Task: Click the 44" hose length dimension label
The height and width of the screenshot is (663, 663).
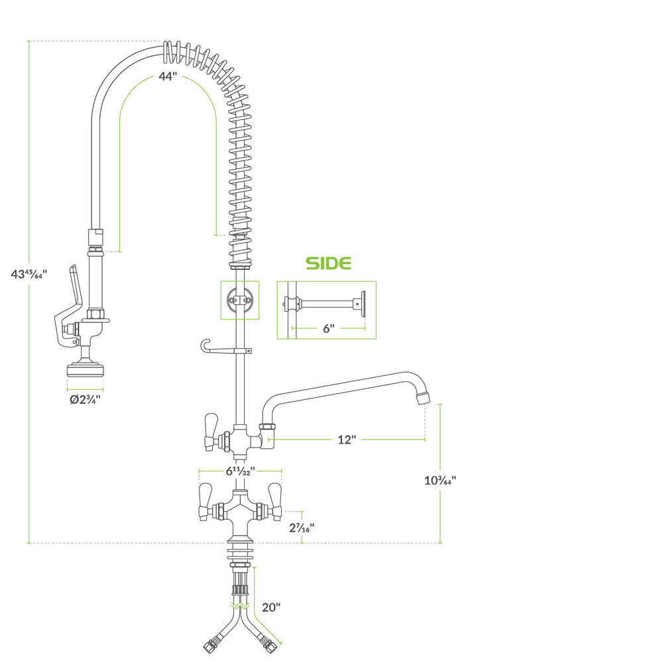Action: pyautogui.click(x=168, y=76)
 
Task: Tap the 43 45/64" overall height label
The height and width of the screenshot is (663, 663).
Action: pyautogui.click(x=29, y=274)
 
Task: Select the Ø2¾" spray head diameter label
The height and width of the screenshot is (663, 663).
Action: pyautogui.click(x=85, y=399)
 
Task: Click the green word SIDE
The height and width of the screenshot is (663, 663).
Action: pyautogui.click(x=329, y=263)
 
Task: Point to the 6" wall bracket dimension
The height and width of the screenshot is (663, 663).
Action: pyautogui.click(x=329, y=329)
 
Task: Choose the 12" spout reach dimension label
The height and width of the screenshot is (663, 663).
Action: pyautogui.click(x=347, y=440)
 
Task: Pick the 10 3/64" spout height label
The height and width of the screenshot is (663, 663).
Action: pyautogui.click(x=440, y=480)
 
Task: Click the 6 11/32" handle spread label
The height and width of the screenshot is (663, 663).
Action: pyautogui.click(x=240, y=471)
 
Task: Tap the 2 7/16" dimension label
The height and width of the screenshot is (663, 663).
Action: pyautogui.click(x=302, y=528)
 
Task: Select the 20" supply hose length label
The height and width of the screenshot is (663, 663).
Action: pyautogui.click(x=271, y=607)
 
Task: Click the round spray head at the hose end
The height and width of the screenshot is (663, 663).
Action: pyautogui.click(x=86, y=369)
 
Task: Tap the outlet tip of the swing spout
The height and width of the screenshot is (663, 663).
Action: pyautogui.click(x=423, y=398)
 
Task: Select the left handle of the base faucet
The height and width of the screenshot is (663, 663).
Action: pyautogui.click(x=205, y=501)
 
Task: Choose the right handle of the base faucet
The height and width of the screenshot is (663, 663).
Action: pyautogui.click(x=275, y=501)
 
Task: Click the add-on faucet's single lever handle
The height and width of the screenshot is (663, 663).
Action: pyautogui.click(x=211, y=432)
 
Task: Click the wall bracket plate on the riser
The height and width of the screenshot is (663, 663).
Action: pyautogui.click(x=240, y=300)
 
